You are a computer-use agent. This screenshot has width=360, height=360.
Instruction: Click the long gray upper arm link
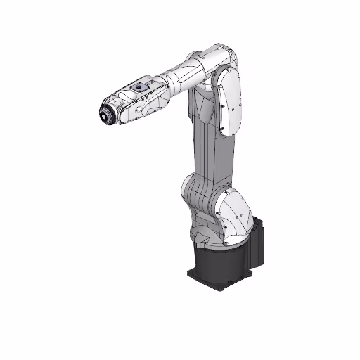[204, 148]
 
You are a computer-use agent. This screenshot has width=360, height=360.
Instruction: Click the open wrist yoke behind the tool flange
[121, 109]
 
